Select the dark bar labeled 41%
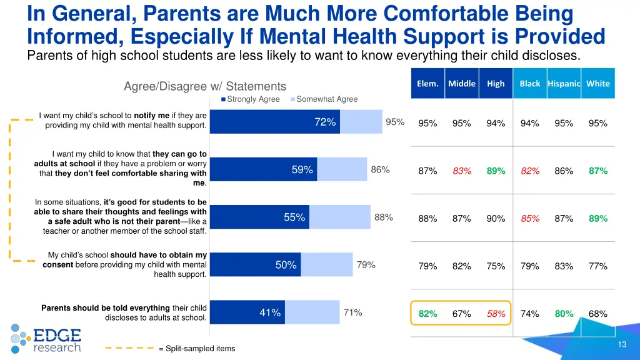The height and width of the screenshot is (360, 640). pyautogui.click(x=247, y=312)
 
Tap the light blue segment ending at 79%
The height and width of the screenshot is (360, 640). pyautogui.click(x=327, y=265)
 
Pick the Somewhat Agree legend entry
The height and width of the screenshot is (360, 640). pyautogui.click(x=324, y=99)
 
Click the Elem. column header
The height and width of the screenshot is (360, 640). pyautogui.click(x=427, y=84)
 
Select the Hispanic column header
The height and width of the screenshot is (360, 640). pyautogui.click(x=564, y=84)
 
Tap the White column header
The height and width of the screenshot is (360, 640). pyautogui.click(x=597, y=84)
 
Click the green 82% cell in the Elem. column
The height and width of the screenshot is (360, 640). pyautogui.click(x=427, y=314)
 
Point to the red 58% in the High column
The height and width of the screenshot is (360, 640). pyautogui.click(x=496, y=314)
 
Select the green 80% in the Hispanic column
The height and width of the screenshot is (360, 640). pyautogui.click(x=564, y=314)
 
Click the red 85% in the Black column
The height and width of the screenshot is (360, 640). pyautogui.click(x=530, y=219)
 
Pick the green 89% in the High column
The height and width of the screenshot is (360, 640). pyautogui.click(x=496, y=171)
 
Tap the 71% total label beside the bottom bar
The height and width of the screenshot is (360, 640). pyautogui.click(x=352, y=312)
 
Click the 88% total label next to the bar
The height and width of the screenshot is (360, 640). pyautogui.click(x=383, y=217)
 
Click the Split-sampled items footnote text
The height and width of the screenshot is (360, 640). pyautogui.click(x=197, y=348)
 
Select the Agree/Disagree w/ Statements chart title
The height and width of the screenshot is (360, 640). pyautogui.click(x=204, y=87)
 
